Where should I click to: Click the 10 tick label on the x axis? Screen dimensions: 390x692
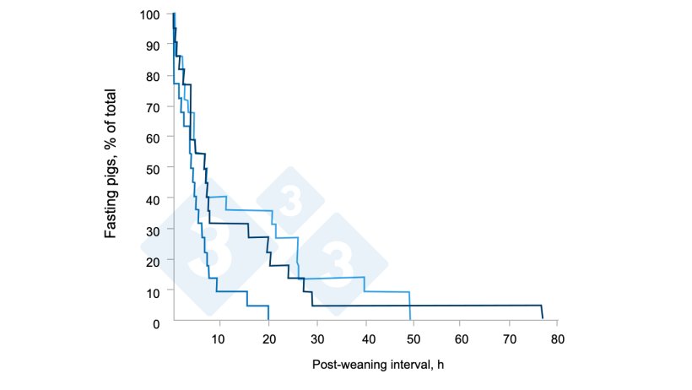pyautogui.click(x=219, y=339)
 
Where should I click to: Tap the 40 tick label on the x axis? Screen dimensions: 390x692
pyautogui.click(x=365, y=339)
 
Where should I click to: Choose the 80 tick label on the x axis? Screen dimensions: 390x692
pyautogui.click(x=557, y=339)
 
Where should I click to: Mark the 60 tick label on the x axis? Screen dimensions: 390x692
pyautogui.click(x=461, y=339)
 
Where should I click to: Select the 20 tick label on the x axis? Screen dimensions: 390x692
pyautogui.click(x=269, y=339)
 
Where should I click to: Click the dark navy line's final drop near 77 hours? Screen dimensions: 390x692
pyautogui.click(x=542, y=312)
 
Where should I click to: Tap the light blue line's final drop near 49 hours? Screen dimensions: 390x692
pyautogui.click(x=410, y=307)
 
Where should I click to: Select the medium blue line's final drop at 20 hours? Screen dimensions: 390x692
pyautogui.click(x=268, y=314)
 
